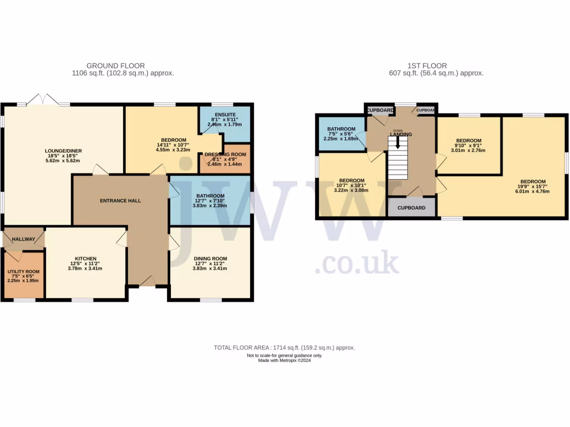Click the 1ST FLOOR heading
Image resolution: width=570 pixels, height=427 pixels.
(427, 66)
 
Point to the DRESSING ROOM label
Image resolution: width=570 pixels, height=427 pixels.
(225, 154)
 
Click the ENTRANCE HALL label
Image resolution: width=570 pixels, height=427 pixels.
(120, 200)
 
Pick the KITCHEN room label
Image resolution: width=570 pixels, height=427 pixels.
(86, 259)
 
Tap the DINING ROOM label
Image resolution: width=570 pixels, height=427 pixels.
(210, 259)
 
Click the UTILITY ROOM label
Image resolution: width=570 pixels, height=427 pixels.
(23, 271)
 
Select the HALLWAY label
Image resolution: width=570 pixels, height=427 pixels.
(23, 240)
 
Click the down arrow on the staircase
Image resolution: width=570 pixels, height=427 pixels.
(397, 143)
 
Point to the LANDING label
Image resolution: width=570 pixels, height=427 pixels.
(401, 135)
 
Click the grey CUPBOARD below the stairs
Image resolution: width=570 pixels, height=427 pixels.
(411, 208)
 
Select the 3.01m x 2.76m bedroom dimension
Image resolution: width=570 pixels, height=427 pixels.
(468, 150)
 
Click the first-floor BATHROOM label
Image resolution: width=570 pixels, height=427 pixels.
(341, 128)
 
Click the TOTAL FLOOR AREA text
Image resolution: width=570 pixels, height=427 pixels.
(284, 347)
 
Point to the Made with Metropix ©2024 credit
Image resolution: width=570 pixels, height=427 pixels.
(284, 361)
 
